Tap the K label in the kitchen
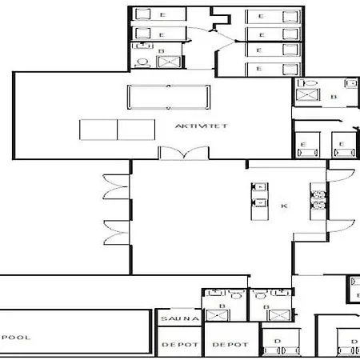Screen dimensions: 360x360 pyautogui.click(x=284, y=206)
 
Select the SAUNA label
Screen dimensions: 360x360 pyautogui.click(x=174, y=318)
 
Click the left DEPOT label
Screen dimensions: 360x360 pyautogui.click(x=174, y=345)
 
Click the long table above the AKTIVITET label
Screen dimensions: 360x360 pyautogui.click(x=168, y=96)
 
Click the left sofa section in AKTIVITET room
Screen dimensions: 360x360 pyautogui.click(x=98, y=130)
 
